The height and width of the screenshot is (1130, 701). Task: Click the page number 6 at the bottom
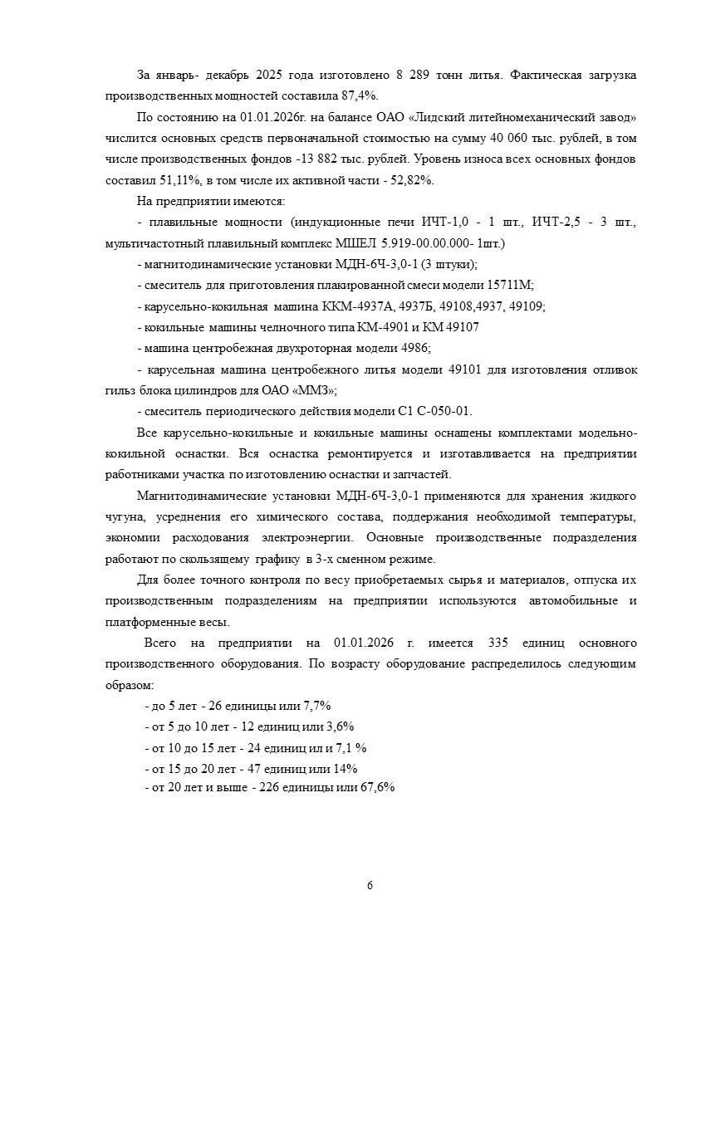click(x=370, y=885)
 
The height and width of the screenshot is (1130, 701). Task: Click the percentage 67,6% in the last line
click(x=377, y=787)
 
